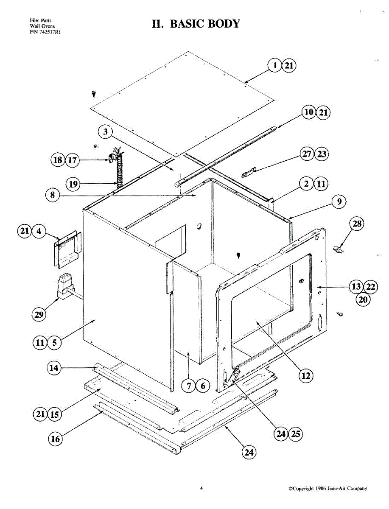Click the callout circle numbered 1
pyautogui.click(x=275, y=66)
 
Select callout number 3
pyautogui.click(x=106, y=132)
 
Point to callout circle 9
pyautogui.click(x=339, y=202)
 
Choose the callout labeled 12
pyautogui.click(x=305, y=375)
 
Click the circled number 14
pyautogui.click(x=54, y=368)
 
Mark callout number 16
pyautogui.click(x=56, y=439)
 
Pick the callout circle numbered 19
pyautogui.click(x=73, y=184)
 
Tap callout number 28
pyautogui.click(x=357, y=224)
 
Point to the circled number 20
pyautogui.click(x=363, y=299)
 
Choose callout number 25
pyautogui.click(x=296, y=434)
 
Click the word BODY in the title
pyautogui.click(x=223, y=24)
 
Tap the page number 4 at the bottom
pyautogui.click(x=201, y=488)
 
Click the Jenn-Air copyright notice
pyautogui.click(x=327, y=489)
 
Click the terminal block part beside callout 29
pyautogui.click(x=64, y=287)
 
